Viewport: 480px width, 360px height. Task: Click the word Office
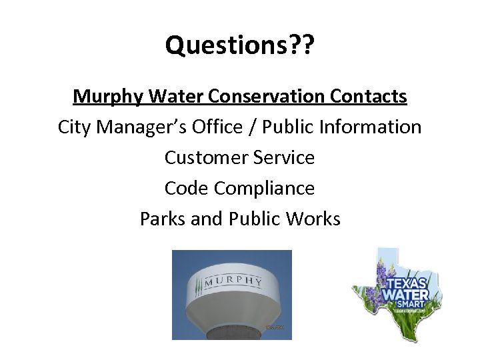point(220,127)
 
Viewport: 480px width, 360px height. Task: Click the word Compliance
point(264,189)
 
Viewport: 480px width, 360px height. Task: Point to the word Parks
point(162,219)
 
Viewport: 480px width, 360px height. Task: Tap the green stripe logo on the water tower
point(198,285)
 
